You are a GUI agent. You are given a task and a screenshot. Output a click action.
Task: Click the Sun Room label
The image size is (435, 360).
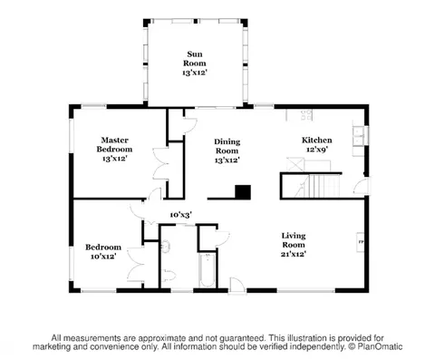[x=195, y=59]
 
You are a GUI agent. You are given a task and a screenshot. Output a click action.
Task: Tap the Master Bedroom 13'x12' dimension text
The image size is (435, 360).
[x=114, y=158]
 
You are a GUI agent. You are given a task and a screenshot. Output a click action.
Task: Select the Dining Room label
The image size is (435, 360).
[x=227, y=146]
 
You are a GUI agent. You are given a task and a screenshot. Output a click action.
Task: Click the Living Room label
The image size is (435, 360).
[x=294, y=240]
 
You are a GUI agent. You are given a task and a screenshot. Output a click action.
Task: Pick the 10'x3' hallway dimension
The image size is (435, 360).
[x=181, y=215]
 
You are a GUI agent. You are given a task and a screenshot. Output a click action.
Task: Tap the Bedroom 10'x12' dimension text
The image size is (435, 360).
[x=103, y=257]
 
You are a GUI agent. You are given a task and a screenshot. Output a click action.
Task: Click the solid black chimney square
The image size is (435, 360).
[x=243, y=192]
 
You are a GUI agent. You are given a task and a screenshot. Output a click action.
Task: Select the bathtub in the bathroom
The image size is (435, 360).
[x=208, y=271]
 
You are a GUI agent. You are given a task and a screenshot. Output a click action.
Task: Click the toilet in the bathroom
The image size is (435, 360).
[x=169, y=276]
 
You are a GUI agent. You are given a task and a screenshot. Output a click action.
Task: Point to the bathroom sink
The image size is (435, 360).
[x=166, y=246]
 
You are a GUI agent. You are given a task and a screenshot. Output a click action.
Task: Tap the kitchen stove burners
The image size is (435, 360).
[x=306, y=115]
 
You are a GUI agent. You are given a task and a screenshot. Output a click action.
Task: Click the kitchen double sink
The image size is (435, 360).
[x=359, y=136]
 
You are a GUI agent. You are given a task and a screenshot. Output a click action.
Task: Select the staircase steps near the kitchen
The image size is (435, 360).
[x=324, y=185]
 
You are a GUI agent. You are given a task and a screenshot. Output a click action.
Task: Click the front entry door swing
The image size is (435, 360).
[x=237, y=286]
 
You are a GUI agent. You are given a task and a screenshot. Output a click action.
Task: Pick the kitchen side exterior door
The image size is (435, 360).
[x=362, y=186]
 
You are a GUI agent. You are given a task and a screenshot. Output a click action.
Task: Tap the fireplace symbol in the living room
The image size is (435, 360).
[x=361, y=242]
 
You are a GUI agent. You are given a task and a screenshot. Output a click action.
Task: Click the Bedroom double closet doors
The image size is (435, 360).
[x=135, y=265]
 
